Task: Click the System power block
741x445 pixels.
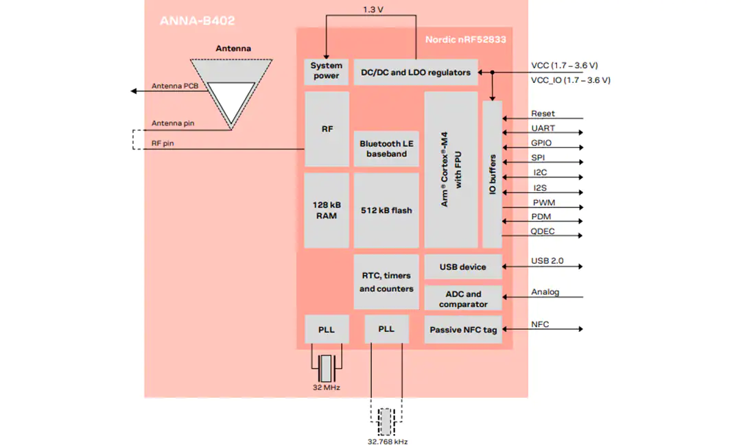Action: pyautogui.click(x=326, y=72)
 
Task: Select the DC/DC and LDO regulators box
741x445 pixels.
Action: pyautogui.click(x=415, y=72)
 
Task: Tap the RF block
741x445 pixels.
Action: pyautogui.click(x=327, y=128)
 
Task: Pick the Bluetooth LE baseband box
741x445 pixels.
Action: pyautogui.click(x=386, y=148)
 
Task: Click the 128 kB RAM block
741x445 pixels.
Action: pyautogui.click(x=327, y=211)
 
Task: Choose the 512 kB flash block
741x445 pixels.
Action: pyautogui.click(x=386, y=211)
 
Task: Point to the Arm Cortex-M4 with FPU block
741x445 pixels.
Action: pyautogui.click(x=451, y=169)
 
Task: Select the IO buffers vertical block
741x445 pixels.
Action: pyautogui.click(x=492, y=174)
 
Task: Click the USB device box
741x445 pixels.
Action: pyautogui.click(x=462, y=267)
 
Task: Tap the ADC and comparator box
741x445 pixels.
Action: pyautogui.click(x=462, y=298)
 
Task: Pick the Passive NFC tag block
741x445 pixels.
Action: pyautogui.click(x=462, y=329)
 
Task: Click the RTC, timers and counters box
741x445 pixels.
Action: pyautogui.click(x=386, y=282)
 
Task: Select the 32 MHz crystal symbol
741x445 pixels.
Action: pyautogui.click(x=326, y=368)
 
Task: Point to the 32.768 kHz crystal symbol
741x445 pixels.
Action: pyautogui.click(x=386, y=422)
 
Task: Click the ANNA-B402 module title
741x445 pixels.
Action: pyautogui.click(x=197, y=21)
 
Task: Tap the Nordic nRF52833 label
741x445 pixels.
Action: pyautogui.click(x=465, y=40)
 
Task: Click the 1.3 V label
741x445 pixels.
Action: pyautogui.click(x=373, y=10)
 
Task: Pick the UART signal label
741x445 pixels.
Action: pyautogui.click(x=543, y=128)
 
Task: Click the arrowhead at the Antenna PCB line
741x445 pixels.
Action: pyautogui.click(x=134, y=91)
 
